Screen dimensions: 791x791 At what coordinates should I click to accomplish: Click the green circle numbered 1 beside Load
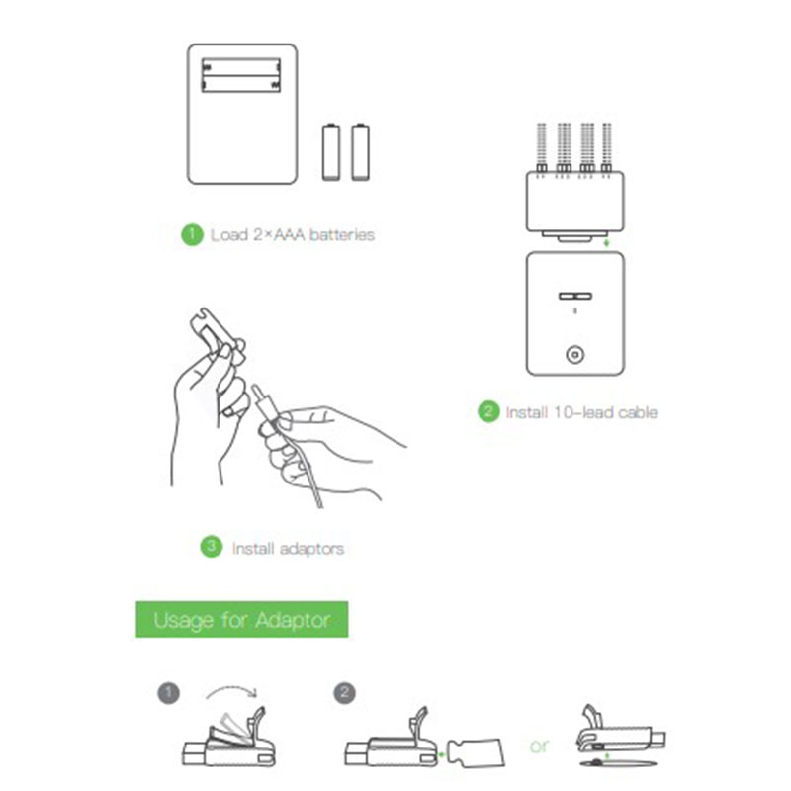click(x=192, y=234)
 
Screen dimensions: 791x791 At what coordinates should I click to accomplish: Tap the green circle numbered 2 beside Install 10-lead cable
click(x=488, y=411)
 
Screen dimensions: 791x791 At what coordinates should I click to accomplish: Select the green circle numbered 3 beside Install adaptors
click(x=211, y=547)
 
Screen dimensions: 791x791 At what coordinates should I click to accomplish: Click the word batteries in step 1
click(x=341, y=235)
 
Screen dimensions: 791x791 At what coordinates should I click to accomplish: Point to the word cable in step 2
click(x=638, y=412)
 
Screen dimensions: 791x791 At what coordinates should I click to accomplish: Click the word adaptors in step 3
click(x=311, y=549)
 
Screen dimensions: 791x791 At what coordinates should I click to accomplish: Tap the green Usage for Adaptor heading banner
click(x=242, y=619)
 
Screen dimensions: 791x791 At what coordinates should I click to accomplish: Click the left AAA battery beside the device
click(x=331, y=152)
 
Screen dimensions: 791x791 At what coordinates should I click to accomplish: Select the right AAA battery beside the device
click(x=360, y=152)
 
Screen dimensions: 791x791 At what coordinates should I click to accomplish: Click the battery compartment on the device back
click(x=241, y=75)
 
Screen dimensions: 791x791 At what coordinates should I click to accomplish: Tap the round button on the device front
click(x=575, y=355)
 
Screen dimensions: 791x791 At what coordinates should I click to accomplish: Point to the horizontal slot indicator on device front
click(x=575, y=296)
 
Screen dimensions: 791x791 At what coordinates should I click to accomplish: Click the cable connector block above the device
click(x=575, y=202)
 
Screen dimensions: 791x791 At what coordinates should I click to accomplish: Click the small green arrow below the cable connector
click(x=607, y=243)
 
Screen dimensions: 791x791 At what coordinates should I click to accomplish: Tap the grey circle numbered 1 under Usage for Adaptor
click(x=168, y=693)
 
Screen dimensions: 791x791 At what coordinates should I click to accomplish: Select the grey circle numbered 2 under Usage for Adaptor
click(x=344, y=693)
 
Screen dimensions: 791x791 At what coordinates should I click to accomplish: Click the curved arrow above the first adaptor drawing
click(x=231, y=688)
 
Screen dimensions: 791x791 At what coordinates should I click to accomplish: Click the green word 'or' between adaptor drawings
click(x=539, y=747)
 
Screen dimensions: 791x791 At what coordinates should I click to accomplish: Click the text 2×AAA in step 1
click(x=278, y=235)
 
